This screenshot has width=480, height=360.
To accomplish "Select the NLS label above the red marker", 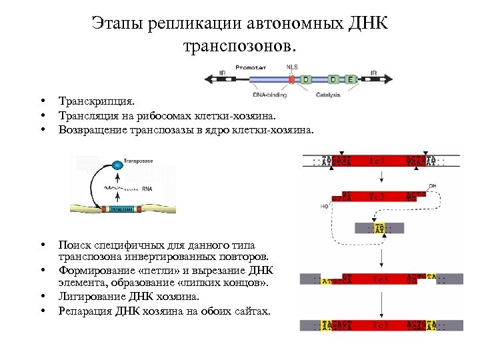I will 292,67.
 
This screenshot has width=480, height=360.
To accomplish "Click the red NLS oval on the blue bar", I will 291,79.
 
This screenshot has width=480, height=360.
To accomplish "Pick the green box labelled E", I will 351,79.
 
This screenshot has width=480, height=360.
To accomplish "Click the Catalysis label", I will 328,95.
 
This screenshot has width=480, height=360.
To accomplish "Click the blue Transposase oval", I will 118,164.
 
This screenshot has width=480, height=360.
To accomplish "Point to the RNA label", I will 147,189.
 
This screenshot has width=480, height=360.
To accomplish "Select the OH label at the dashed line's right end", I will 433,186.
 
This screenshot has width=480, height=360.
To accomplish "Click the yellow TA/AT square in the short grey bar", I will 379,227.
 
